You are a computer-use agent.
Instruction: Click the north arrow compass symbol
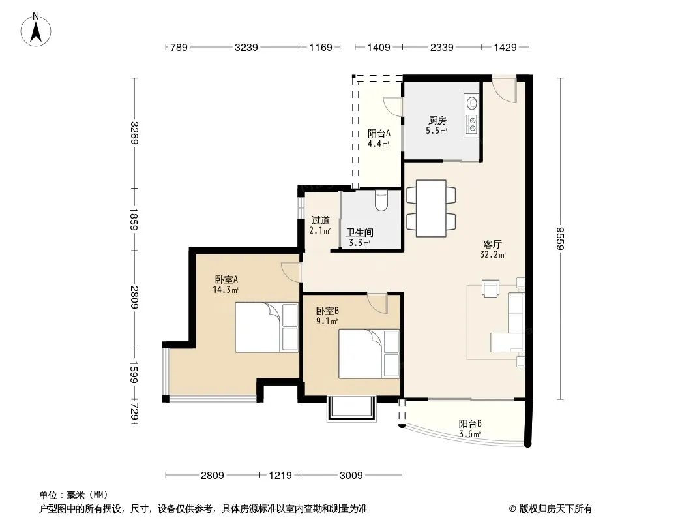pos(35,30)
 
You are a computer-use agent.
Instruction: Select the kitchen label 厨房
pos(437,120)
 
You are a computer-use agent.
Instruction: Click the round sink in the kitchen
pos(472,103)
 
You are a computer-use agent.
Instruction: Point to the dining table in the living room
pos(431,208)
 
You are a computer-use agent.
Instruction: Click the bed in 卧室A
pos(267,328)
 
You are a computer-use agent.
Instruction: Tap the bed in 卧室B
pos(369,354)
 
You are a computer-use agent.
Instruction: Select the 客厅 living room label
pos(492,245)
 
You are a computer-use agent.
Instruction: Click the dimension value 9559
pos(561,239)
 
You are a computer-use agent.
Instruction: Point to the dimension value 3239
pos(246,47)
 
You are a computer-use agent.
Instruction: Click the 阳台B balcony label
pos(470,423)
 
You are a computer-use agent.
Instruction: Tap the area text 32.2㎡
pos(493,254)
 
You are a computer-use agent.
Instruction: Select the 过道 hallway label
pos(320,220)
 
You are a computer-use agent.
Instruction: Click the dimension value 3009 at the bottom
pos(351,476)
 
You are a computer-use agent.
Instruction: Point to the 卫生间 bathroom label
pos(359,232)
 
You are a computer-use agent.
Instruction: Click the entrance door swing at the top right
pos(505,91)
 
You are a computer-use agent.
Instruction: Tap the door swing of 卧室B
pos(377,304)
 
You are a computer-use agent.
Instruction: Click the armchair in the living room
pos(491,288)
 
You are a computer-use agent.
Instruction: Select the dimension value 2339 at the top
pos(441,47)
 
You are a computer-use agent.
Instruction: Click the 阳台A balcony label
pos(379,133)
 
